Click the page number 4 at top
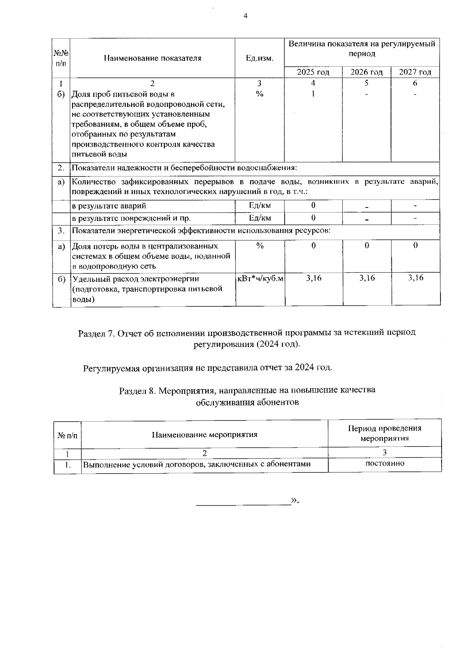245,16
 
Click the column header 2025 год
313,72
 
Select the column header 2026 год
366,72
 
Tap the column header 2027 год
415,72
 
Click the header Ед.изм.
260,59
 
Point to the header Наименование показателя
152,59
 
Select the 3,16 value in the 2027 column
416,278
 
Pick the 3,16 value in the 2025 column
314,278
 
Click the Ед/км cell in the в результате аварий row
260,205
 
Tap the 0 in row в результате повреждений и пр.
313,218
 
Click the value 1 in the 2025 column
313,93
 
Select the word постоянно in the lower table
384,463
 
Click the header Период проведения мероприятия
384,433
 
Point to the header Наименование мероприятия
205,435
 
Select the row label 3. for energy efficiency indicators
61,231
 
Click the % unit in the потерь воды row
260,246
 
